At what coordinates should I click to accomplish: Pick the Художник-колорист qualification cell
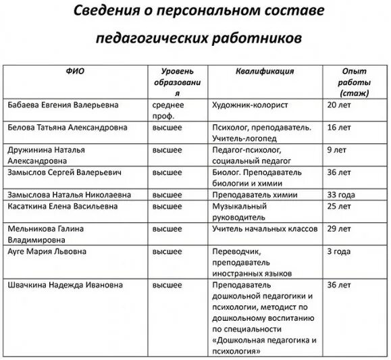(251, 105)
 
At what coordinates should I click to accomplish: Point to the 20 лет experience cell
(339, 105)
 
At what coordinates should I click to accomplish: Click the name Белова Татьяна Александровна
(69, 126)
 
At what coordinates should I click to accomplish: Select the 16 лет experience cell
(339, 126)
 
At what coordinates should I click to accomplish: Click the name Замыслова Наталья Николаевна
(70, 195)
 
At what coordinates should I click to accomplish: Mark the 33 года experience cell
(340, 195)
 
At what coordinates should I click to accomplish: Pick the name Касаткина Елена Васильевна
(65, 205)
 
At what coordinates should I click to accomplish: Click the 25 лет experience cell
(339, 205)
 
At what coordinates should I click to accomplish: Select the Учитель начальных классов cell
(264, 229)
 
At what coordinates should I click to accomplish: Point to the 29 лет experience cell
(339, 229)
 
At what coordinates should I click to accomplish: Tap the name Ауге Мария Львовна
(46, 252)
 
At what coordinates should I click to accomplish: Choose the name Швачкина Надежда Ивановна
(66, 285)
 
